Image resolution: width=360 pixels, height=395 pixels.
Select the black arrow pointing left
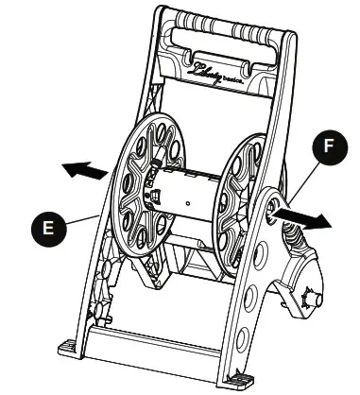pos(83,171)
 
